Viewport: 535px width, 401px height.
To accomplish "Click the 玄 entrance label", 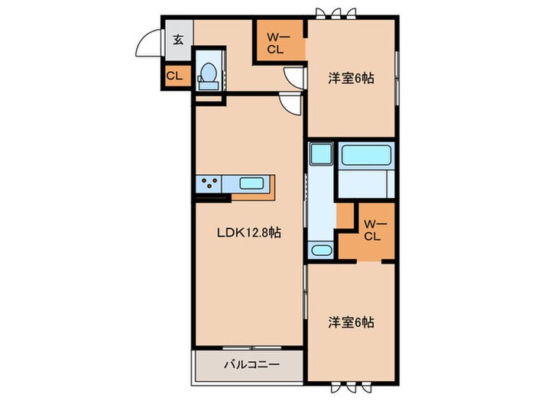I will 177,40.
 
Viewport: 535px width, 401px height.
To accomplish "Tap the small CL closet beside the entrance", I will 173,76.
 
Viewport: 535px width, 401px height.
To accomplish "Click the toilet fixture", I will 207,73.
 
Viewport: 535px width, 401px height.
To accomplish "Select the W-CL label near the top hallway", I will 275,42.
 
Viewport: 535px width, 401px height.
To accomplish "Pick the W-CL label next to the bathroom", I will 372,230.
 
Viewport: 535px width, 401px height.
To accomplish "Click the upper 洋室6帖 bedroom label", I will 352,77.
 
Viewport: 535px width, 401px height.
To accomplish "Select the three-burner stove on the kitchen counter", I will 210,183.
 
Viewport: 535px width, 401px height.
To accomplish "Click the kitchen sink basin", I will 251,183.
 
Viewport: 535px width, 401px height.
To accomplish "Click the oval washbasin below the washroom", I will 320,250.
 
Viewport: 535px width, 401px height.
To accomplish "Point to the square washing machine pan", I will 321,155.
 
